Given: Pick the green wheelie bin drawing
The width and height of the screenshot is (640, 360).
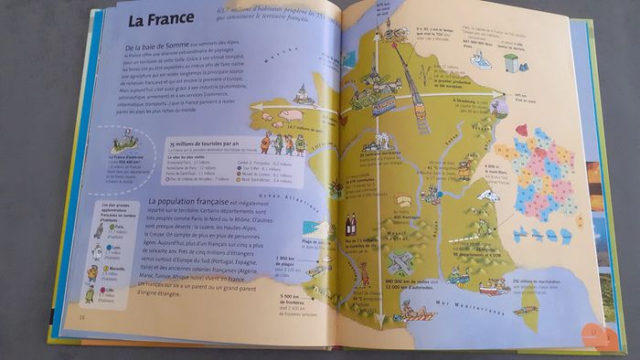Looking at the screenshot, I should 510,62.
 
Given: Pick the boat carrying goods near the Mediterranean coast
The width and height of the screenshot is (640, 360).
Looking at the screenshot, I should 495,287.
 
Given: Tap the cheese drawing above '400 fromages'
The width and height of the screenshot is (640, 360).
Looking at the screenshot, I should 403,199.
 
